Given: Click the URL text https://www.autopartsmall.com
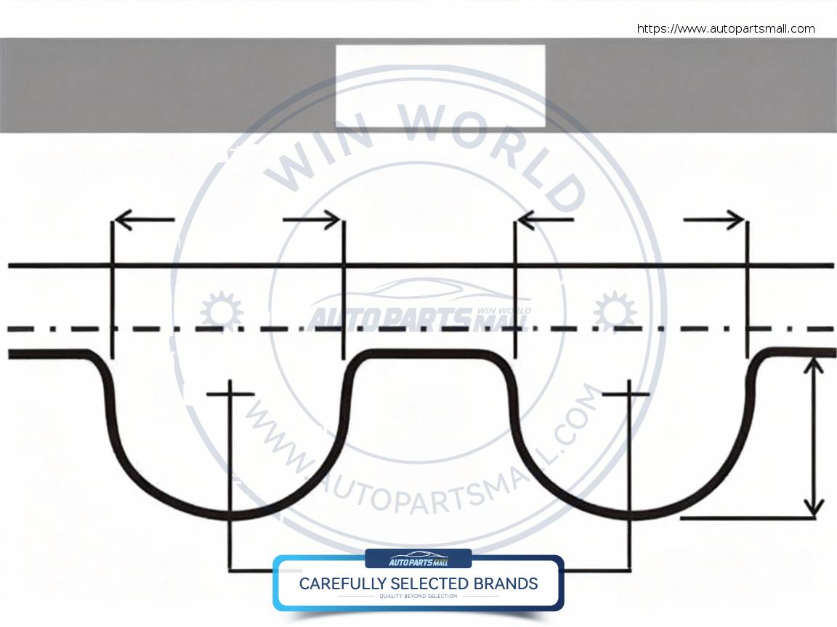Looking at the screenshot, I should pyautogui.click(x=726, y=29).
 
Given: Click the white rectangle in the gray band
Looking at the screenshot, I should pyautogui.click(x=440, y=86).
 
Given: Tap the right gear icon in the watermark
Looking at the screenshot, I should pyautogui.click(x=615, y=311).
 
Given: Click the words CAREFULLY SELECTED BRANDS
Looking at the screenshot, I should pyautogui.click(x=418, y=583).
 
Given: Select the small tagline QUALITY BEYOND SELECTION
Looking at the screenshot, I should pyautogui.click(x=418, y=597).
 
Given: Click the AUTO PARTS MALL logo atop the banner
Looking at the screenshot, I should pyautogui.click(x=418, y=560).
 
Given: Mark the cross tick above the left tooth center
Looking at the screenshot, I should pyautogui.click(x=230, y=394).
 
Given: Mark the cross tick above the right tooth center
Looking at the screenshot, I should pyautogui.click(x=626, y=394).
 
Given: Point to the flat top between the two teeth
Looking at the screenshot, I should pyautogui.click(x=429, y=353).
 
